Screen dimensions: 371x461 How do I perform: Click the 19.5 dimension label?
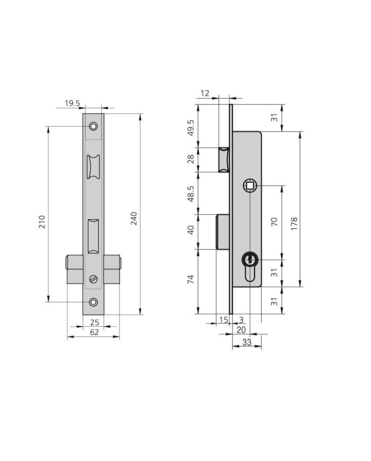pos(72,103)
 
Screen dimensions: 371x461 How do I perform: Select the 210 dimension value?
pos(42,222)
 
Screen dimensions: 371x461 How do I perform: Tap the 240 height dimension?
pos(134,218)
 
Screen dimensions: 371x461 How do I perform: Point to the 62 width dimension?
pos(94,332)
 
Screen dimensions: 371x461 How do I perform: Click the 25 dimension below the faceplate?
pos(94,323)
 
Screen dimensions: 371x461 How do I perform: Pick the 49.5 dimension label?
pos(191,128)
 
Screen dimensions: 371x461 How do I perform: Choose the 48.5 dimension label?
pos(191,194)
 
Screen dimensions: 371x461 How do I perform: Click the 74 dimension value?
pos(191,279)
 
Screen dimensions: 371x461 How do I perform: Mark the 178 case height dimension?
pos(294,224)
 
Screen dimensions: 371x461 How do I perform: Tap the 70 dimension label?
pos(274,222)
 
